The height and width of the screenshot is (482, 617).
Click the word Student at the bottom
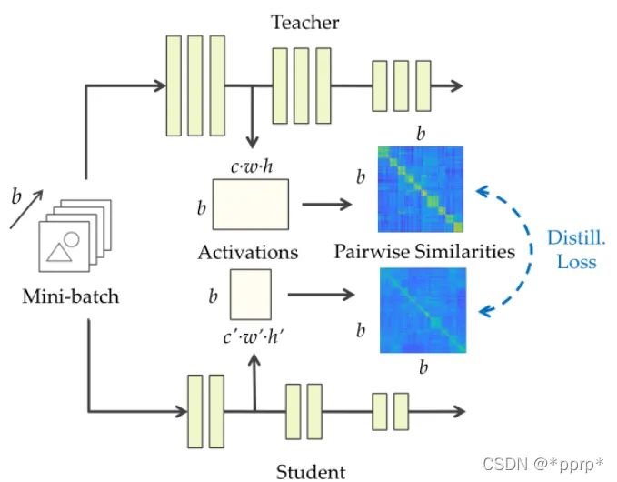[311, 471]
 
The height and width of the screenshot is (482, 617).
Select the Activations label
[249, 252]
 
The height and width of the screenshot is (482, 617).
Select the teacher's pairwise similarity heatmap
[421, 190]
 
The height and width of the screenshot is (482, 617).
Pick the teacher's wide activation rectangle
[250, 204]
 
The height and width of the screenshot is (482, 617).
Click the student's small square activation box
[250, 292]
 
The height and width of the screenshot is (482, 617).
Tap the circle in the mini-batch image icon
[71, 240]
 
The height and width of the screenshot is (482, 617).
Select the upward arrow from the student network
[254, 382]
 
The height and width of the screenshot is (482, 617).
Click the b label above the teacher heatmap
[420, 134]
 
